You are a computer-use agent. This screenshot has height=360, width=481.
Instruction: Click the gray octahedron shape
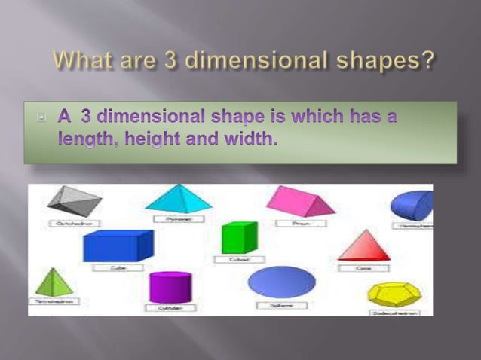(73, 200)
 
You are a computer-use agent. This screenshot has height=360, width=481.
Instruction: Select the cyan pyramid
(179, 199)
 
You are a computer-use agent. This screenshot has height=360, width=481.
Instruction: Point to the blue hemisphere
(414, 206)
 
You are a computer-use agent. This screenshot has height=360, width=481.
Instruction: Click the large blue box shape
(118, 246)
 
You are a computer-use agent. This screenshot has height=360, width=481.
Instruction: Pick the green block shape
(239, 238)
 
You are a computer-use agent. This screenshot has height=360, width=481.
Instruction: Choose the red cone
(364, 246)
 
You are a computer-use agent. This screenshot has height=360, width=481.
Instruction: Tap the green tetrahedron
(52, 282)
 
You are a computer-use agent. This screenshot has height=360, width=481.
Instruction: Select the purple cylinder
(170, 287)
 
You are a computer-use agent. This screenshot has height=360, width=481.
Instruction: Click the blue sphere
(281, 282)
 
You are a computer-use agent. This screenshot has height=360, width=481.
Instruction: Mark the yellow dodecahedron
(394, 294)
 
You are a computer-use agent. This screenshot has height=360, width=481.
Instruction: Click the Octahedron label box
(73, 223)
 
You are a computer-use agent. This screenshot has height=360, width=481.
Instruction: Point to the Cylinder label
(170, 308)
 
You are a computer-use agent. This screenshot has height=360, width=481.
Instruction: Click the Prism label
(300, 223)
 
